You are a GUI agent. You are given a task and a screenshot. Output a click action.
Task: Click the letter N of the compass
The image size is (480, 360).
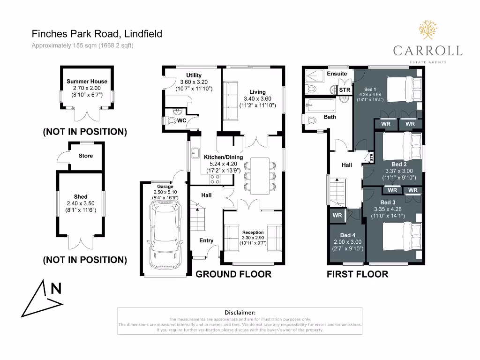(56, 289)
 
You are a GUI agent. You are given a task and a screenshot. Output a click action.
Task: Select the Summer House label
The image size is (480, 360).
(87, 81)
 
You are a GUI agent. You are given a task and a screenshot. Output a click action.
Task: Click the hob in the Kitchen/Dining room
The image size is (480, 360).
(215, 179)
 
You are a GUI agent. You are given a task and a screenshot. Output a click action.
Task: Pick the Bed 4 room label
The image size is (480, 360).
(347, 235)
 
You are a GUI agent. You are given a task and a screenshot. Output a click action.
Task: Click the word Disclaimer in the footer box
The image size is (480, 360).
(240, 312)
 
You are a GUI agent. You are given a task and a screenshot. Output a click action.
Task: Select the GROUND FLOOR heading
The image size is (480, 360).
(233, 274)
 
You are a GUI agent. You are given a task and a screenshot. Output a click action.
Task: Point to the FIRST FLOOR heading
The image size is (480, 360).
(357, 274)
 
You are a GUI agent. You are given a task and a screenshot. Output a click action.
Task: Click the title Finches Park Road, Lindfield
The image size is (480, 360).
(97, 34)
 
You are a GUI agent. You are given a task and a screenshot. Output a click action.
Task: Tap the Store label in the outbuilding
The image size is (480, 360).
(86, 156)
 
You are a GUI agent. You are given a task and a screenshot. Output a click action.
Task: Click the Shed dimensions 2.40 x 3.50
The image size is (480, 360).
(81, 203)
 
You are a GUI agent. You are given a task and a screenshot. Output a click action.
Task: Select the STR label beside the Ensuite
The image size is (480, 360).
(345, 90)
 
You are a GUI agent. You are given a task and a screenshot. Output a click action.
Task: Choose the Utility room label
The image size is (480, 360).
(194, 75)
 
